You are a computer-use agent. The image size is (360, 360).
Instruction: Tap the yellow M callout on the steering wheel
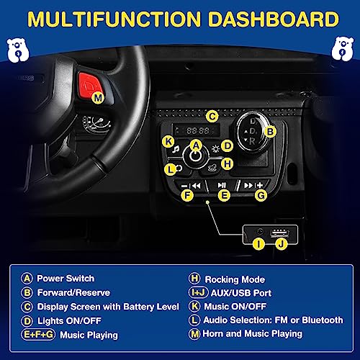point(98,98)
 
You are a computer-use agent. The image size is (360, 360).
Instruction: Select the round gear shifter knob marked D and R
point(253,132)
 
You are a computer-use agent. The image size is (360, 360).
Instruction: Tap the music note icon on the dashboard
point(176,149)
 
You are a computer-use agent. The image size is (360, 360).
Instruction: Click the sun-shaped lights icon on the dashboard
point(215,149)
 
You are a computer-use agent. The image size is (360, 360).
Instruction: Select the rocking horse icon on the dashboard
point(212,167)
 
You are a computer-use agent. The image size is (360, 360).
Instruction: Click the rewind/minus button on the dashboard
point(191,186)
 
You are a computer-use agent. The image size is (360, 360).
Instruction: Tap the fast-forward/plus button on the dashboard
point(253,185)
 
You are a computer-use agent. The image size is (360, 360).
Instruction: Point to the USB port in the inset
point(279,233)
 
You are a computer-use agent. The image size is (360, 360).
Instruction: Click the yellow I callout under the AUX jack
point(258,244)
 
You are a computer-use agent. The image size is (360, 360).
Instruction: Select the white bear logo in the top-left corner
point(17,50)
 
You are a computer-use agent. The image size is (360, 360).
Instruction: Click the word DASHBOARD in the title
point(273,19)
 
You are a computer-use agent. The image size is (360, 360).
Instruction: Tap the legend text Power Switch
point(66,279)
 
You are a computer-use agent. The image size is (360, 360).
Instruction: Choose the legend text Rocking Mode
point(235,279)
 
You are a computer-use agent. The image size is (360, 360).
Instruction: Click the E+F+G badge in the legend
point(38,335)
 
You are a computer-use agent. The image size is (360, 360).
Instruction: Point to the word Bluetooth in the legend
point(323,320)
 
